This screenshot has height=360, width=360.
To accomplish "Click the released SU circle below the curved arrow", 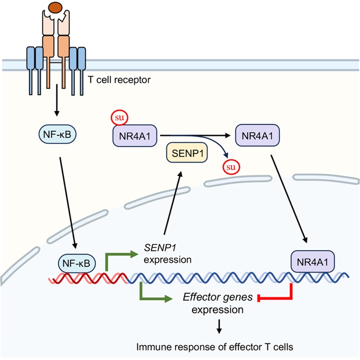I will point(229,167).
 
